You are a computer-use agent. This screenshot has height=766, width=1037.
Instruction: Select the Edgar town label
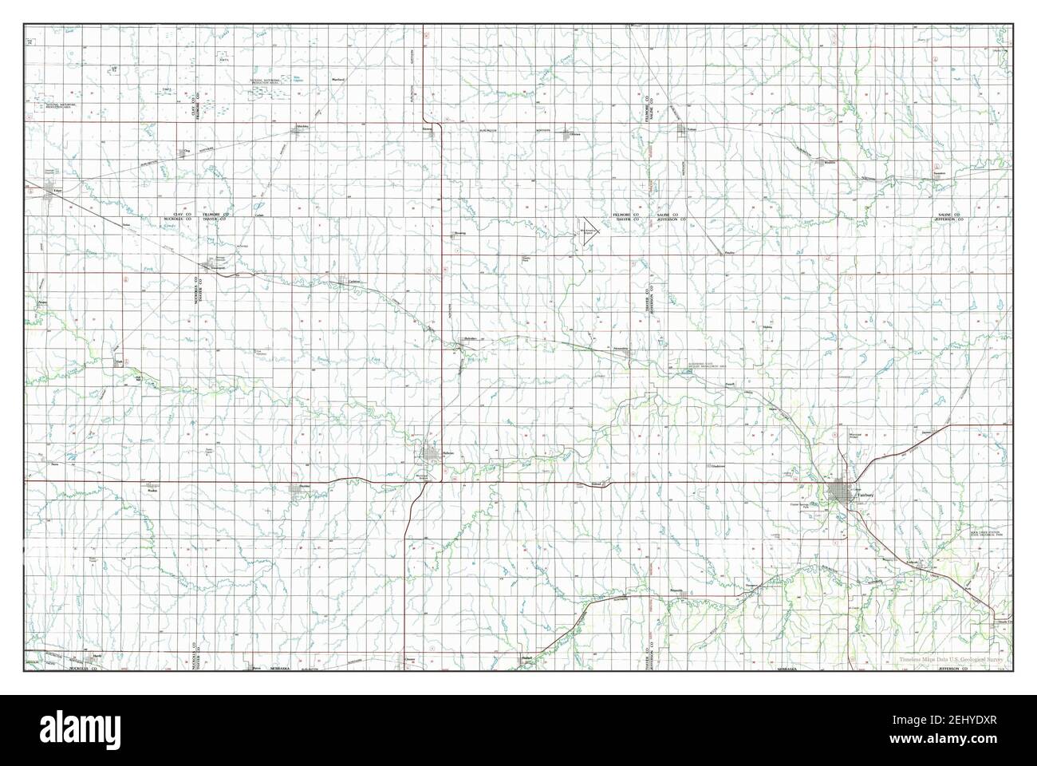pos(57,191)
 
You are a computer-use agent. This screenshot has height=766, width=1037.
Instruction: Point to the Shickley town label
pos(302,127)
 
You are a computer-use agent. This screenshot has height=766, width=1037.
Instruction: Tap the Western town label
pos(830,162)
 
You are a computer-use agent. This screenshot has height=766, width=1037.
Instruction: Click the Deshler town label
pos(303,486)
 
